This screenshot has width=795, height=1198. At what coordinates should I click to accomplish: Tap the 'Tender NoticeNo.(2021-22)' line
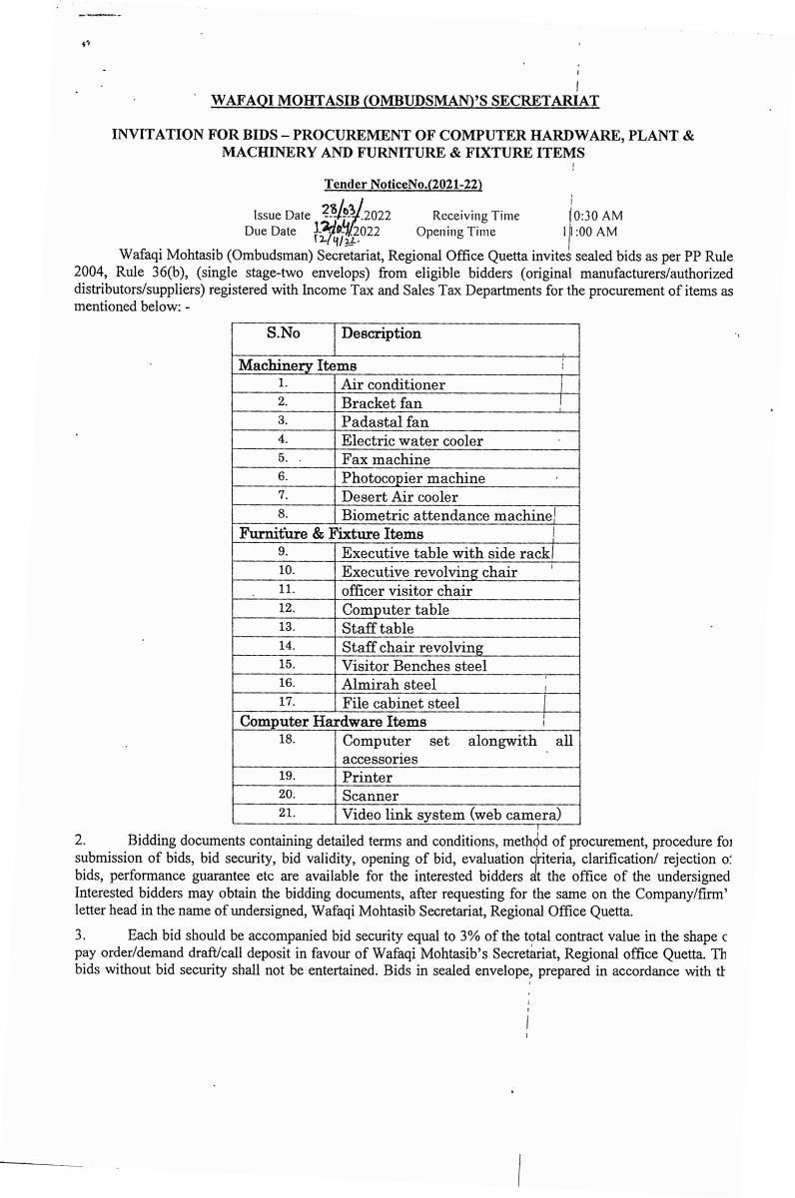click(405, 184)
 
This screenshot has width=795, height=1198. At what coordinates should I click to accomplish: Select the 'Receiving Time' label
click(475, 215)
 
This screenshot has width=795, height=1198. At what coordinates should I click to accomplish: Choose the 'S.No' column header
click(284, 332)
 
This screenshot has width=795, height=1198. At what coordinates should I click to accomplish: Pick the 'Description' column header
click(382, 332)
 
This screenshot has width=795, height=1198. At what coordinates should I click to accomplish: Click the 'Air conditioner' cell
click(394, 384)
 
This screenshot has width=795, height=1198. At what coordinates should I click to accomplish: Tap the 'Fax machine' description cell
click(387, 459)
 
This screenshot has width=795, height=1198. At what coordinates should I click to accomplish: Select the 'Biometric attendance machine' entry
click(446, 515)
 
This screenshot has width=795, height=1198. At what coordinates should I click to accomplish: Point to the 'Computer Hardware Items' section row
click(334, 721)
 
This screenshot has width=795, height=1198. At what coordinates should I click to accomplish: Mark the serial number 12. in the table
click(284, 608)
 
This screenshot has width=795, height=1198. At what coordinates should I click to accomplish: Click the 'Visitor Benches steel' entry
click(414, 665)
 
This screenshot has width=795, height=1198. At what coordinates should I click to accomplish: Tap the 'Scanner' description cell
click(371, 796)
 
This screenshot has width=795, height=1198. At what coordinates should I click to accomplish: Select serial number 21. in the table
click(284, 814)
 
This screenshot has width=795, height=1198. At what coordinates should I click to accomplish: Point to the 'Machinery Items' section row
click(297, 365)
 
